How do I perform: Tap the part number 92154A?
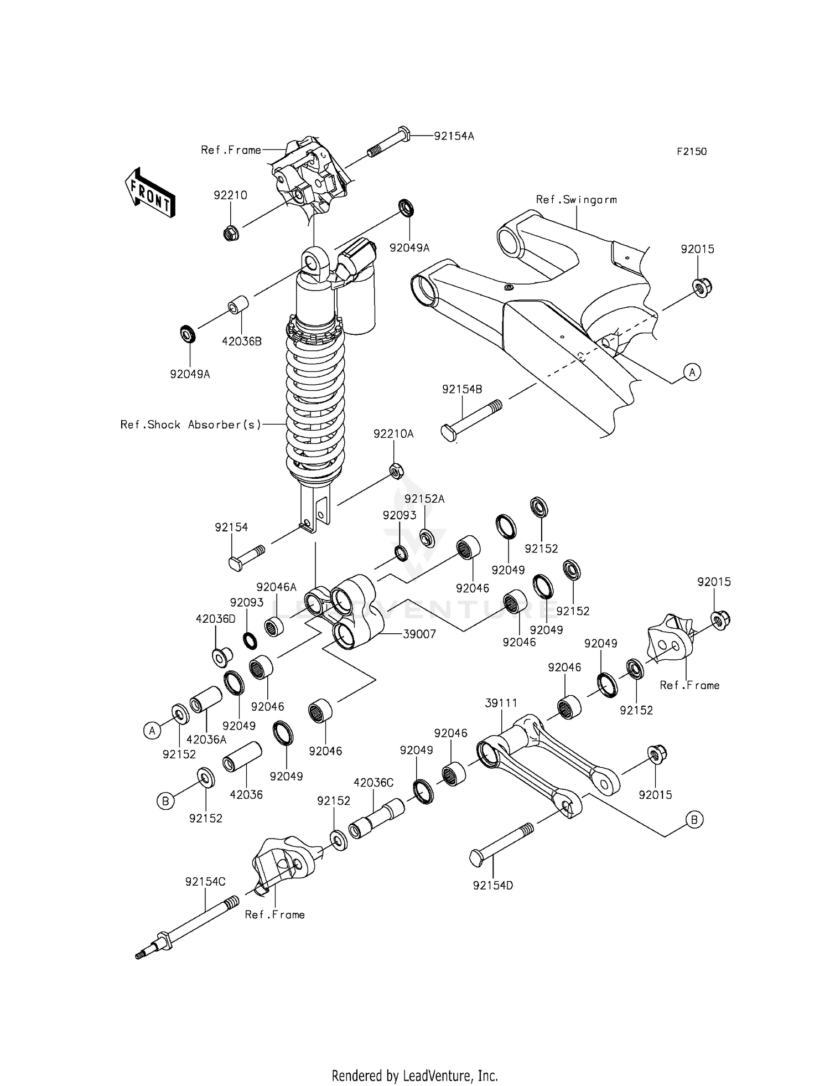454,136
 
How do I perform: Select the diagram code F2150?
692,151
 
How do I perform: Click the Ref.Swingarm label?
576,199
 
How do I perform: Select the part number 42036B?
242,342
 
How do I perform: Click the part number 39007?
419,634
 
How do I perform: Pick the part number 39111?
501,703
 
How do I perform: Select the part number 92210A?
393,434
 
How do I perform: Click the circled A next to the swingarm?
692,372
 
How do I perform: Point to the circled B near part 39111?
694,819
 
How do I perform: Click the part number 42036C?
373,783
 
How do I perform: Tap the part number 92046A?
276,587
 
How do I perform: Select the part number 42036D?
216,619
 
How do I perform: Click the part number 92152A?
424,499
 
